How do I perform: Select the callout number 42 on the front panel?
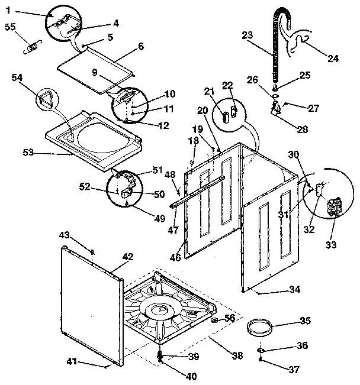pos(128,257)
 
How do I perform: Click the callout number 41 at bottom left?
pos(72,361)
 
